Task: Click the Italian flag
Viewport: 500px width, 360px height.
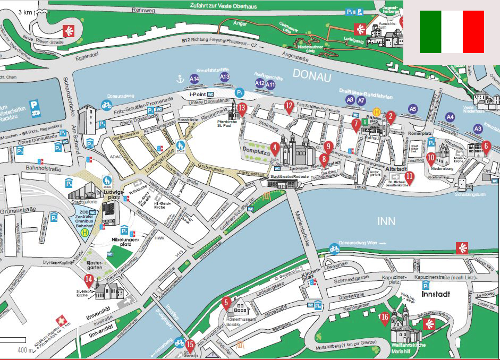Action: [x=452, y=32]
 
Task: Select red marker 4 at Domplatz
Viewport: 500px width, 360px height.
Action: [x=275, y=148]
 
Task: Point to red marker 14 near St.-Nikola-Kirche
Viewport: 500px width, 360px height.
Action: [x=89, y=280]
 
